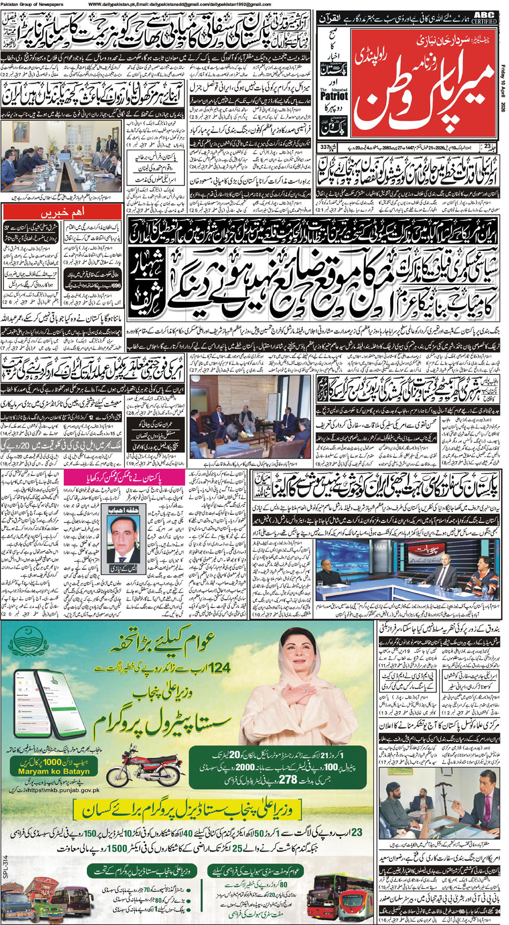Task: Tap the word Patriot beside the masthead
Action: click(x=334, y=96)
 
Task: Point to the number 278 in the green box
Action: click(x=287, y=779)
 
